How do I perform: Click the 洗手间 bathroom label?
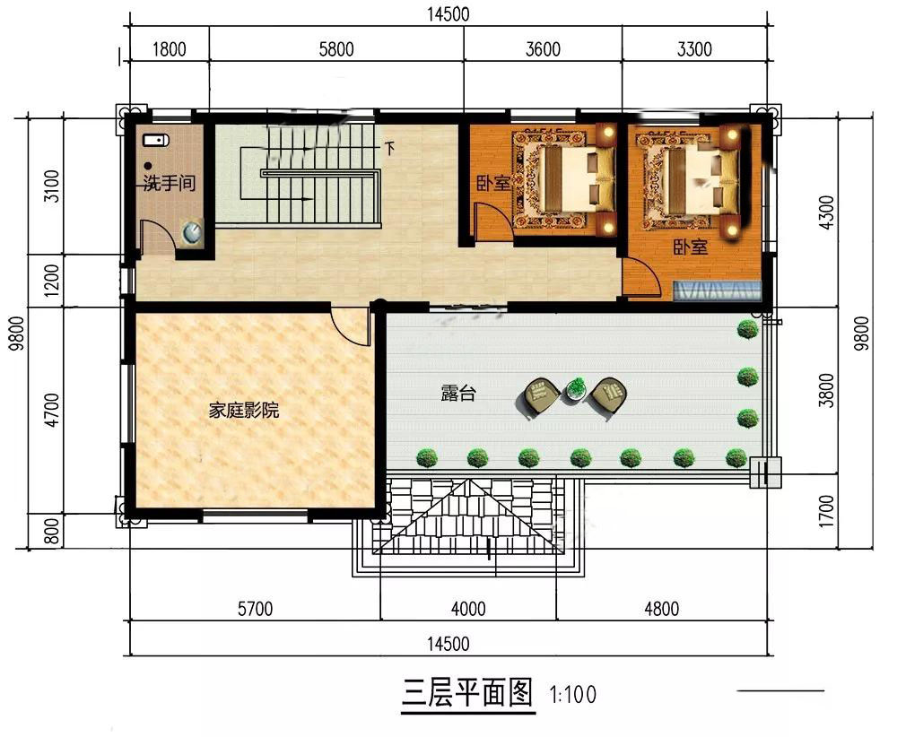(x=170, y=183)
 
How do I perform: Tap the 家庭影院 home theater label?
(x=244, y=410)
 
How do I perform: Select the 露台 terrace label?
(x=458, y=394)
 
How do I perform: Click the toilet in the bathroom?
(x=155, y=140)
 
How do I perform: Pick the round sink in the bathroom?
(x=192, y=231)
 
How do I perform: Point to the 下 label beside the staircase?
(x=389, y=149)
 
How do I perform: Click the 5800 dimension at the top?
(x=336, y=49)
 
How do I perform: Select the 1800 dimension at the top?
(x=170, y=49)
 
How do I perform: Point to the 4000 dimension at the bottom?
(x=468, y=609)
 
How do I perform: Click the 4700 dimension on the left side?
(x=51, y=410)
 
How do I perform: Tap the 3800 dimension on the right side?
(x=826, y=391)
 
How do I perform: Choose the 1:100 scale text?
(x=572, y=695)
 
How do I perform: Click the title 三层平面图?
(x=468, y=692)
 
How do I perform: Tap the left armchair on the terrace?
(x=541, y=396)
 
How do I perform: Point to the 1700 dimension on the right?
(x=826, y=511)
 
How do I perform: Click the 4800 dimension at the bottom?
(x=662, y=609)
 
